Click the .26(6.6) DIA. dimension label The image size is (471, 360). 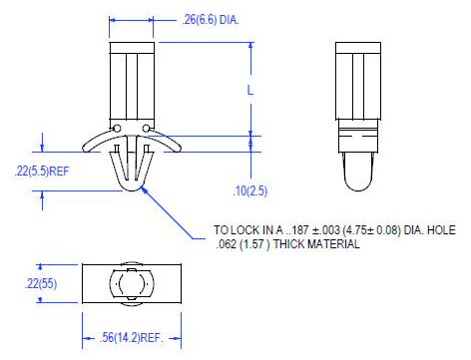pos(211,20)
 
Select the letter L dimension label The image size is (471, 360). pos(250,90)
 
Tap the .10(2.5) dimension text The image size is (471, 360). pos(249,191)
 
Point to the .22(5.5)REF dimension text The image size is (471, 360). pos(42,172)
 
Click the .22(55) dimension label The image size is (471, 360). pos(41,283)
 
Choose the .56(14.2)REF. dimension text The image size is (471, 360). pos(132,338)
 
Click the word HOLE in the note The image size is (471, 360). pos(441,230)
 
